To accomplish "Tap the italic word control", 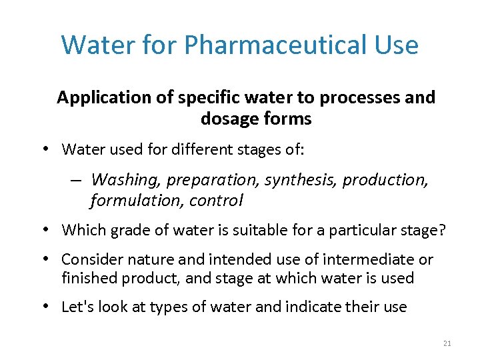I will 216,200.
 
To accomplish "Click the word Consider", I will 90,259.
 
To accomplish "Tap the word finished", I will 87,278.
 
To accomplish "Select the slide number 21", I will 447,343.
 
